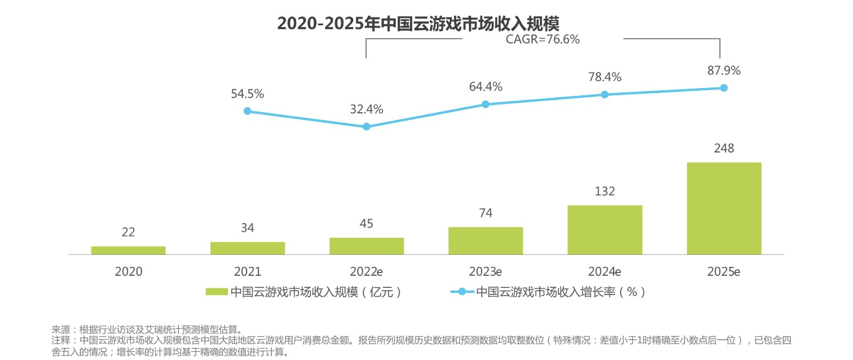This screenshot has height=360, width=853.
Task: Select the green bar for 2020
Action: click(x=128, y=250)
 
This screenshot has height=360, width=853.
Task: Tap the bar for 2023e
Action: click(x=485, y=241)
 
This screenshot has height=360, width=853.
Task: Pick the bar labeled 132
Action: click(x=604, y=230)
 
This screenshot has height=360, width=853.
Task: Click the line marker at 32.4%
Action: click(x=367, y=127)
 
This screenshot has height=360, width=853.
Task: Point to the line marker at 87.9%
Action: click(x=724, y=88)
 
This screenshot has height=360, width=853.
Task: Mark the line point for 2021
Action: click(x=247, y=111)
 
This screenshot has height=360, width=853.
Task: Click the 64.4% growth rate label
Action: click(x=485, y=86)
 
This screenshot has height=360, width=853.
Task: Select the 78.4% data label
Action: click(x=604, y=77)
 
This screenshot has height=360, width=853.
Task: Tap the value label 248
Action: click(x=724, y=149)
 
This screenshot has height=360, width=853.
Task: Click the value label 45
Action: click(x=366, y=223)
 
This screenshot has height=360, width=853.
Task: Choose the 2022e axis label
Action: click(x=366, y=272)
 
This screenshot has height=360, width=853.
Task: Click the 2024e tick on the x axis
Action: click(x=604, y=272)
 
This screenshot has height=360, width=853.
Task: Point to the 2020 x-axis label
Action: click(x=128, y=272)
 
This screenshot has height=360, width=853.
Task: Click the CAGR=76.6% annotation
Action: click(x=543, y=40)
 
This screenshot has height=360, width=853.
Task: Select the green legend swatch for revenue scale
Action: click(x=216, y=292)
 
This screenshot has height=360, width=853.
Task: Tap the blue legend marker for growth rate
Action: click(x=461, y=292)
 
